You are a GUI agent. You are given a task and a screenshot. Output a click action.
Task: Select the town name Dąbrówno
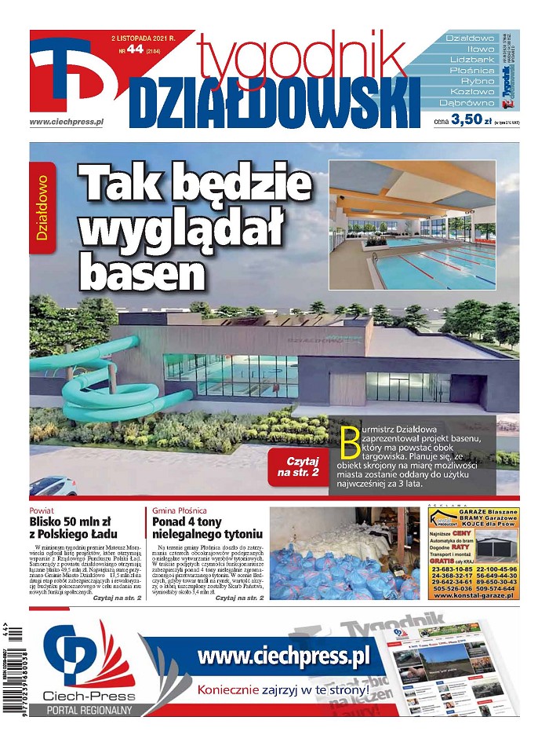[468, 103]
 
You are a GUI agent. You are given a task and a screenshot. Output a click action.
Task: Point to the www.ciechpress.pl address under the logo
[67, 122]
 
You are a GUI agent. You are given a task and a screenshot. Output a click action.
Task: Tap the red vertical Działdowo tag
[42, 207]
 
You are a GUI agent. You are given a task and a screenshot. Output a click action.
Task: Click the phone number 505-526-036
[451, 587]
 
